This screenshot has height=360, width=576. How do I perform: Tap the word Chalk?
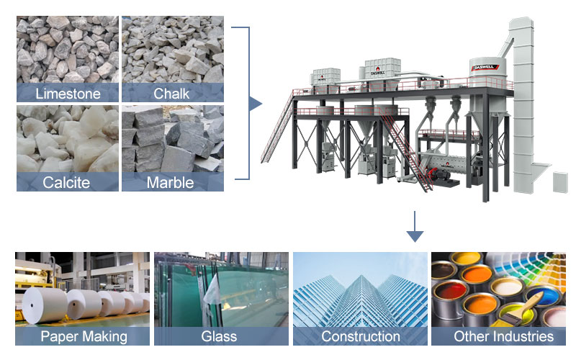172,94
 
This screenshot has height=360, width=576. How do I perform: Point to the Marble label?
171,182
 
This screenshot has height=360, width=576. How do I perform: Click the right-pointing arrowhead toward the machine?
256,104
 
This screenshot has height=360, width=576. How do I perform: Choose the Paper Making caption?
84,336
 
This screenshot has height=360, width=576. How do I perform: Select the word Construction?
360,336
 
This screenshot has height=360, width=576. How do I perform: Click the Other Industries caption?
503,336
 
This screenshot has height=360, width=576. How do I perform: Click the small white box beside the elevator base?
559,181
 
